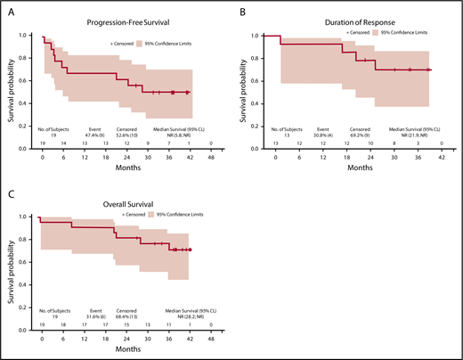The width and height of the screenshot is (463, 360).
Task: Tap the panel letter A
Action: [8, 9]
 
